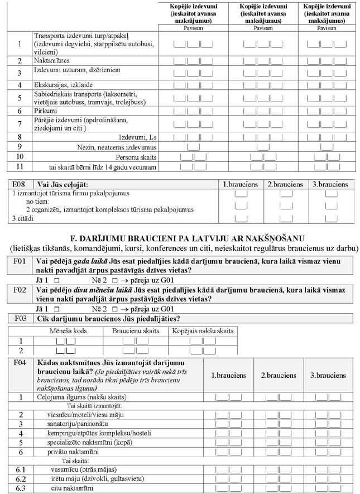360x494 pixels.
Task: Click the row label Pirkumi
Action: [x=45, y=111]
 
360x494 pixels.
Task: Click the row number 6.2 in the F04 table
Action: [x=21, y=478]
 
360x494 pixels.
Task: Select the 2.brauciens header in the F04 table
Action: [x=279, y=376]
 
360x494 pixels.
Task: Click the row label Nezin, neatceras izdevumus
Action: [x=117, y=147]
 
